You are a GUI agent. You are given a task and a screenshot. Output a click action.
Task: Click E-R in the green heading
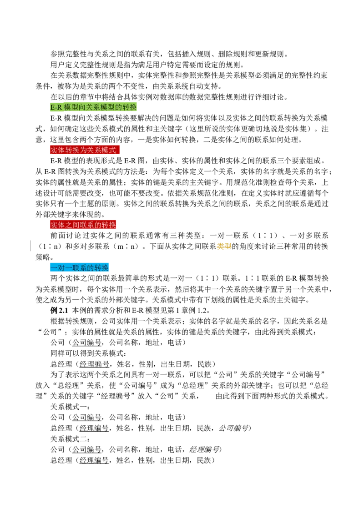click(56, 107)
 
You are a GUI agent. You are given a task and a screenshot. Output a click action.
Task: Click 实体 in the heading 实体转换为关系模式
click(58, 150)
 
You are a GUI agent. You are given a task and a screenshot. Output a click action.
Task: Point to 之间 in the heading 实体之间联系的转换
click(72, 225)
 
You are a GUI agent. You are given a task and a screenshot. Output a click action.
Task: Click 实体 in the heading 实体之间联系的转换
click(58, 225)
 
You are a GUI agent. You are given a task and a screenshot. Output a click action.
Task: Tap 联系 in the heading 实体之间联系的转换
click(87, 225)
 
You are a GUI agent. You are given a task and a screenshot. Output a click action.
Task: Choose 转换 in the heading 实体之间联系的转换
click(109, 225)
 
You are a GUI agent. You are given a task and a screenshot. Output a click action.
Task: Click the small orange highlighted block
click(224, 246)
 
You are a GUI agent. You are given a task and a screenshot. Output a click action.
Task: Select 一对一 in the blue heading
click(61, 268)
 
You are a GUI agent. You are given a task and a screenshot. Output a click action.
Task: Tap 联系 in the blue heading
click(80, 268)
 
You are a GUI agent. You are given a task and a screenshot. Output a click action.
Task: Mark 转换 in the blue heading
click(101, 268)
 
